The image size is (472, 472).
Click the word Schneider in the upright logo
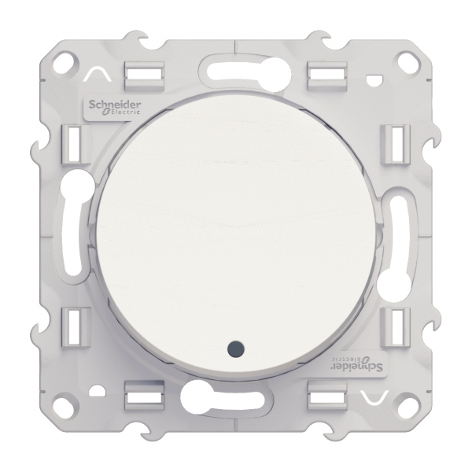pyautogui.click(x=107, y=105)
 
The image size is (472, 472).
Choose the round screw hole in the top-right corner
pyautogui.click(x=405, y=59)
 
